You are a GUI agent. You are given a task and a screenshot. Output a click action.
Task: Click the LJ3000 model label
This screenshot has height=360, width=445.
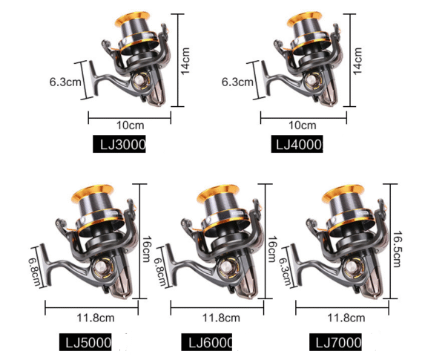pos(119,145)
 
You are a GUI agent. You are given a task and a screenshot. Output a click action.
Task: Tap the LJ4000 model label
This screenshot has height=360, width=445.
pos(295,145)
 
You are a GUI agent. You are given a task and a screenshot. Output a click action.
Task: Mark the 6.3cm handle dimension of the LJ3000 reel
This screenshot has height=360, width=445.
pos(65,81)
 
